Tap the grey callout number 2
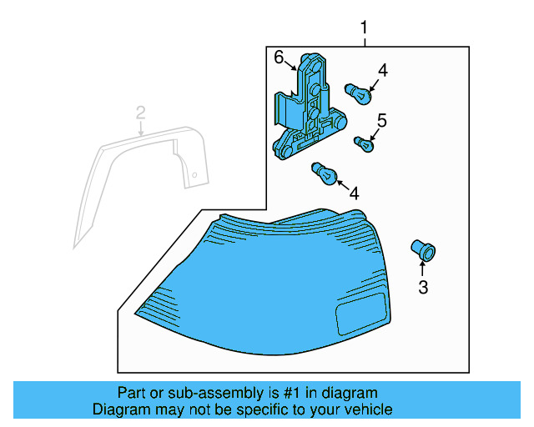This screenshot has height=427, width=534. (x=141, y=112)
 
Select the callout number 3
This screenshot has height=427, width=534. (x=423, y=288)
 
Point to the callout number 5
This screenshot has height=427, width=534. (x=381, y=120)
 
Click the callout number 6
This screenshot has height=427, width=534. (x=280, y=57)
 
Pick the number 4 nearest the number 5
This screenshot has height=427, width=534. (x=382, y=71)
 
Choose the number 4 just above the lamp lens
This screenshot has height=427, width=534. (x=354, y=193)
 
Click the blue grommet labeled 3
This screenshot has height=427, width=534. (x=424, y=249)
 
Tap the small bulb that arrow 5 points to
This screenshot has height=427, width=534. (x=364, y=146)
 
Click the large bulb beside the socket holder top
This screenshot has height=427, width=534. (x=356, y=94)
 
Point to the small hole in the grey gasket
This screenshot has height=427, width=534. (x=193, y=176)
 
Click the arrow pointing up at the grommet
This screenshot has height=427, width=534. (x=423, y=268)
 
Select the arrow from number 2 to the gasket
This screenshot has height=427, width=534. (x=141, y=127)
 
